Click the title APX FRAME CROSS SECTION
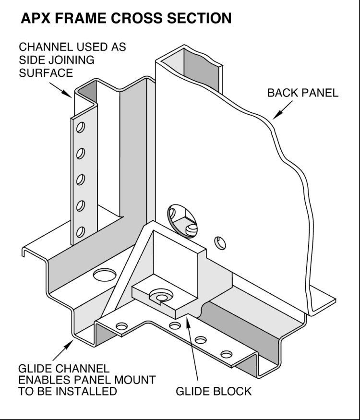coord(126,19)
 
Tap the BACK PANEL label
coord(302,93)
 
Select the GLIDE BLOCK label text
coord(213,391)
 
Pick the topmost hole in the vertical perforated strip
coord(80,127)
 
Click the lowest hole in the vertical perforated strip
coord(80,232)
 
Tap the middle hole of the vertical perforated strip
coord(80,180)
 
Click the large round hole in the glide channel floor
coord(104,274)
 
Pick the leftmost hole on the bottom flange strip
coord(122,326)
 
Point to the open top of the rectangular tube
coord(190,59)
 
